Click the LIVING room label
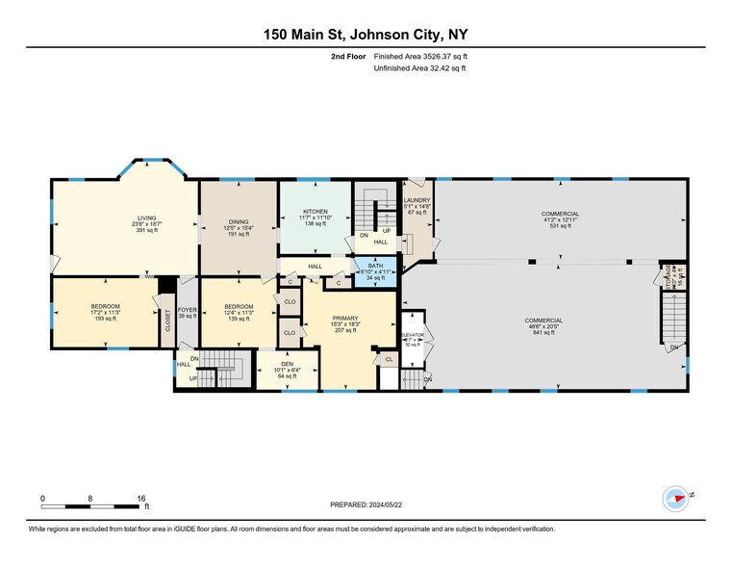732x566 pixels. (x=146, y=219)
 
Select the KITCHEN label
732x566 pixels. (x=316, y=211)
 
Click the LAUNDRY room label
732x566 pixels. (x=416, y=200)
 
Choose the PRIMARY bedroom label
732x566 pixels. (x=344, y=319)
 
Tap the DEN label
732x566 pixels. (x=287, y=363)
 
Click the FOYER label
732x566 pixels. (x=187, y=311)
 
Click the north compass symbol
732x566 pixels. (x=676, y=499)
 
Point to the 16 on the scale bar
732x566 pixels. (x=141, y=498)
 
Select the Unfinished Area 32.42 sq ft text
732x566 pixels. (x=401, y=68)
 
